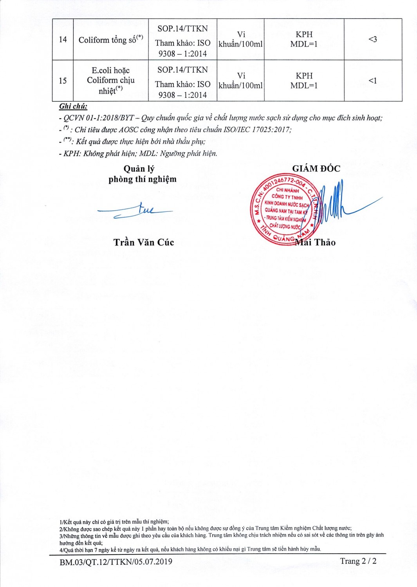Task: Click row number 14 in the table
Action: (63, 40)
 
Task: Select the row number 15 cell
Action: (63, 81)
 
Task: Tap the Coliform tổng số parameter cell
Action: (110, 40)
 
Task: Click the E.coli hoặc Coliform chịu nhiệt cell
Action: (110, 81)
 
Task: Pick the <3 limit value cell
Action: (372, 39)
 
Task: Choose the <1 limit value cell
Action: (372, 81)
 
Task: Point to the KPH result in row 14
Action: (304, 34)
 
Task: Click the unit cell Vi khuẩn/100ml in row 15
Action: (240, 81)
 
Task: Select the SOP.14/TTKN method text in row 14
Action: (182, 29)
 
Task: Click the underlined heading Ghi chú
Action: (73, 106)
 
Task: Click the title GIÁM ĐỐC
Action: (316, 169)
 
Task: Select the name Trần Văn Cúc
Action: (144, 243)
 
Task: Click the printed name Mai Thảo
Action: (316, 243)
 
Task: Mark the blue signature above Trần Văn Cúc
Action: (135, 211)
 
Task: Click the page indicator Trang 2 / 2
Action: (358, 561)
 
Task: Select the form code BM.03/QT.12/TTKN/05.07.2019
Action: (116, 562)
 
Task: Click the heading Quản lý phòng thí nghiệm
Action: (142, 174)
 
